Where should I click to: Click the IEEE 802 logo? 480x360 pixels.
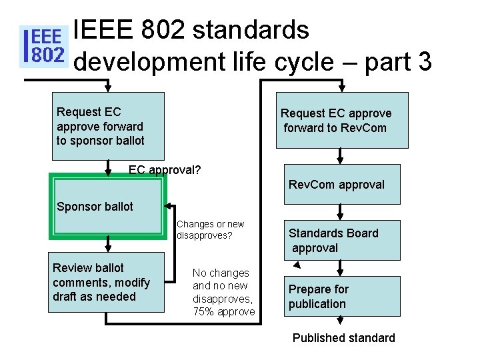(44, 46)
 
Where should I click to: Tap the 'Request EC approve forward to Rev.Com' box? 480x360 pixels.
(342, 121)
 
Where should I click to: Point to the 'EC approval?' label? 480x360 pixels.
(165, 170)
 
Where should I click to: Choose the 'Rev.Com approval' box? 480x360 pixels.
(342, 184)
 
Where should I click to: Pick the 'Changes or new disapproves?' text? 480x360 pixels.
(210, 230)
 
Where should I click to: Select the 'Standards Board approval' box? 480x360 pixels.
(342, 240)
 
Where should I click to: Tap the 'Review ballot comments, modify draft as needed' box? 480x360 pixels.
(107, 282)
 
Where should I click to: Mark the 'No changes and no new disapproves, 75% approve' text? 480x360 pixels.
(223, 292)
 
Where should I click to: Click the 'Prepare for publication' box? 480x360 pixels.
(342, 296)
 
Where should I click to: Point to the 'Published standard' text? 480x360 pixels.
(343, 338)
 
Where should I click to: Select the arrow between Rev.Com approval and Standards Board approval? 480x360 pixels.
(341, 213)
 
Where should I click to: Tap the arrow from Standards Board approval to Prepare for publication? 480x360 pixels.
(341, 269)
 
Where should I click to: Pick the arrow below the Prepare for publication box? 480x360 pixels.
(341, 323)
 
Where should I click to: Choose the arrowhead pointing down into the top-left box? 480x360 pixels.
(109, 87)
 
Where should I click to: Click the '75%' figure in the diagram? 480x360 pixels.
(204, 312)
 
